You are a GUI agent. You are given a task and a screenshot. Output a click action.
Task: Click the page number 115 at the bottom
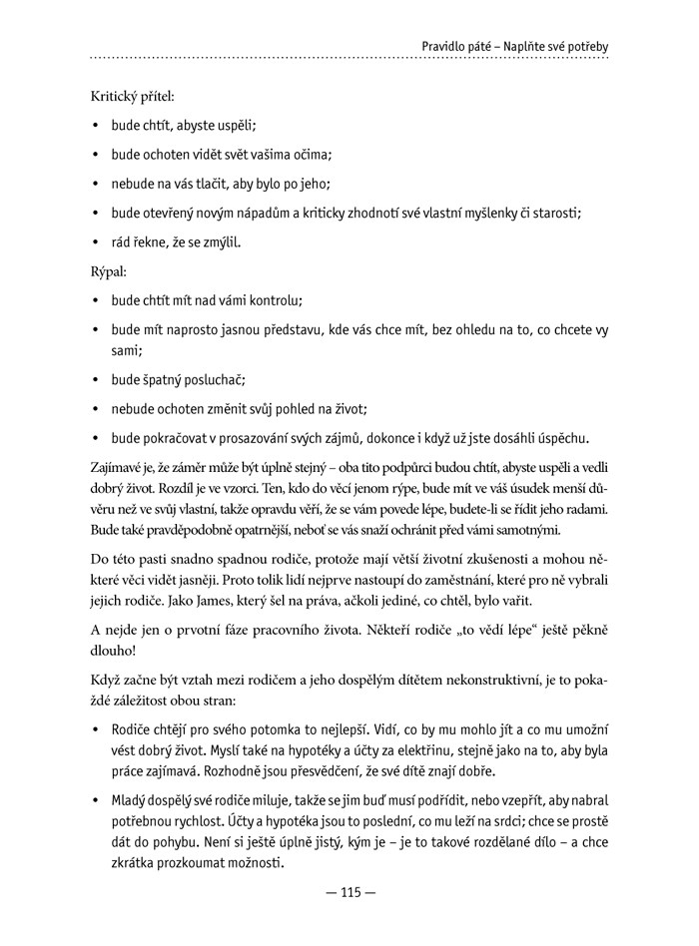349,893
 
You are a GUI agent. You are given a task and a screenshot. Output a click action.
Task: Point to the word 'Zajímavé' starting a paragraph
116,467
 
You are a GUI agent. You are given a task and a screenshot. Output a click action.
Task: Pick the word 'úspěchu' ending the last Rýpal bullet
563,437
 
